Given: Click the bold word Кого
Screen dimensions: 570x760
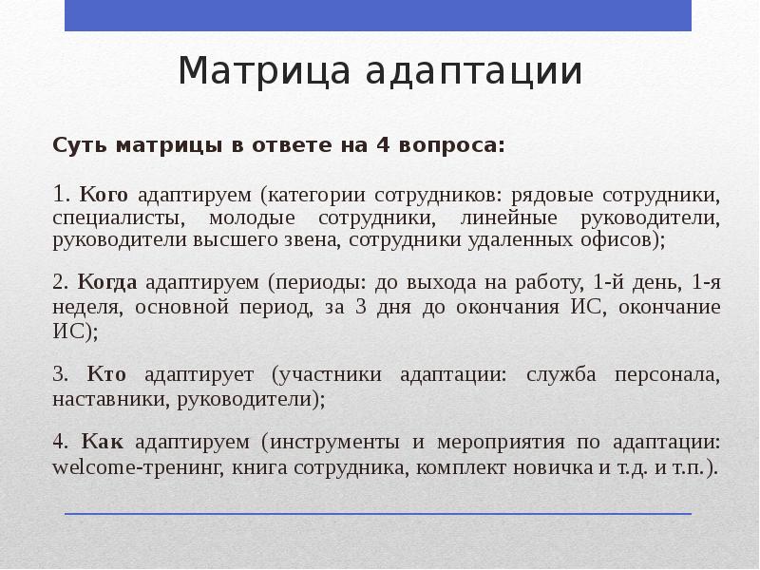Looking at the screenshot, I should click(104, 195).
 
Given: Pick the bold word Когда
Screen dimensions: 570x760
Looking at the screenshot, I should click(108, 282).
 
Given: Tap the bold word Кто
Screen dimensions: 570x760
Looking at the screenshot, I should click(107, 373).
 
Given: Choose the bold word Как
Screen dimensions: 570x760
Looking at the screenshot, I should click(104, 442).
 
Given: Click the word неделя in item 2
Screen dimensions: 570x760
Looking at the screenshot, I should click(85, 308).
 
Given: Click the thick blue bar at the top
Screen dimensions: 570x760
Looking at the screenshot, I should click(378, 14).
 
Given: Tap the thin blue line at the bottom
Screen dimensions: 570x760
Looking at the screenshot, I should click(378, 514).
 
